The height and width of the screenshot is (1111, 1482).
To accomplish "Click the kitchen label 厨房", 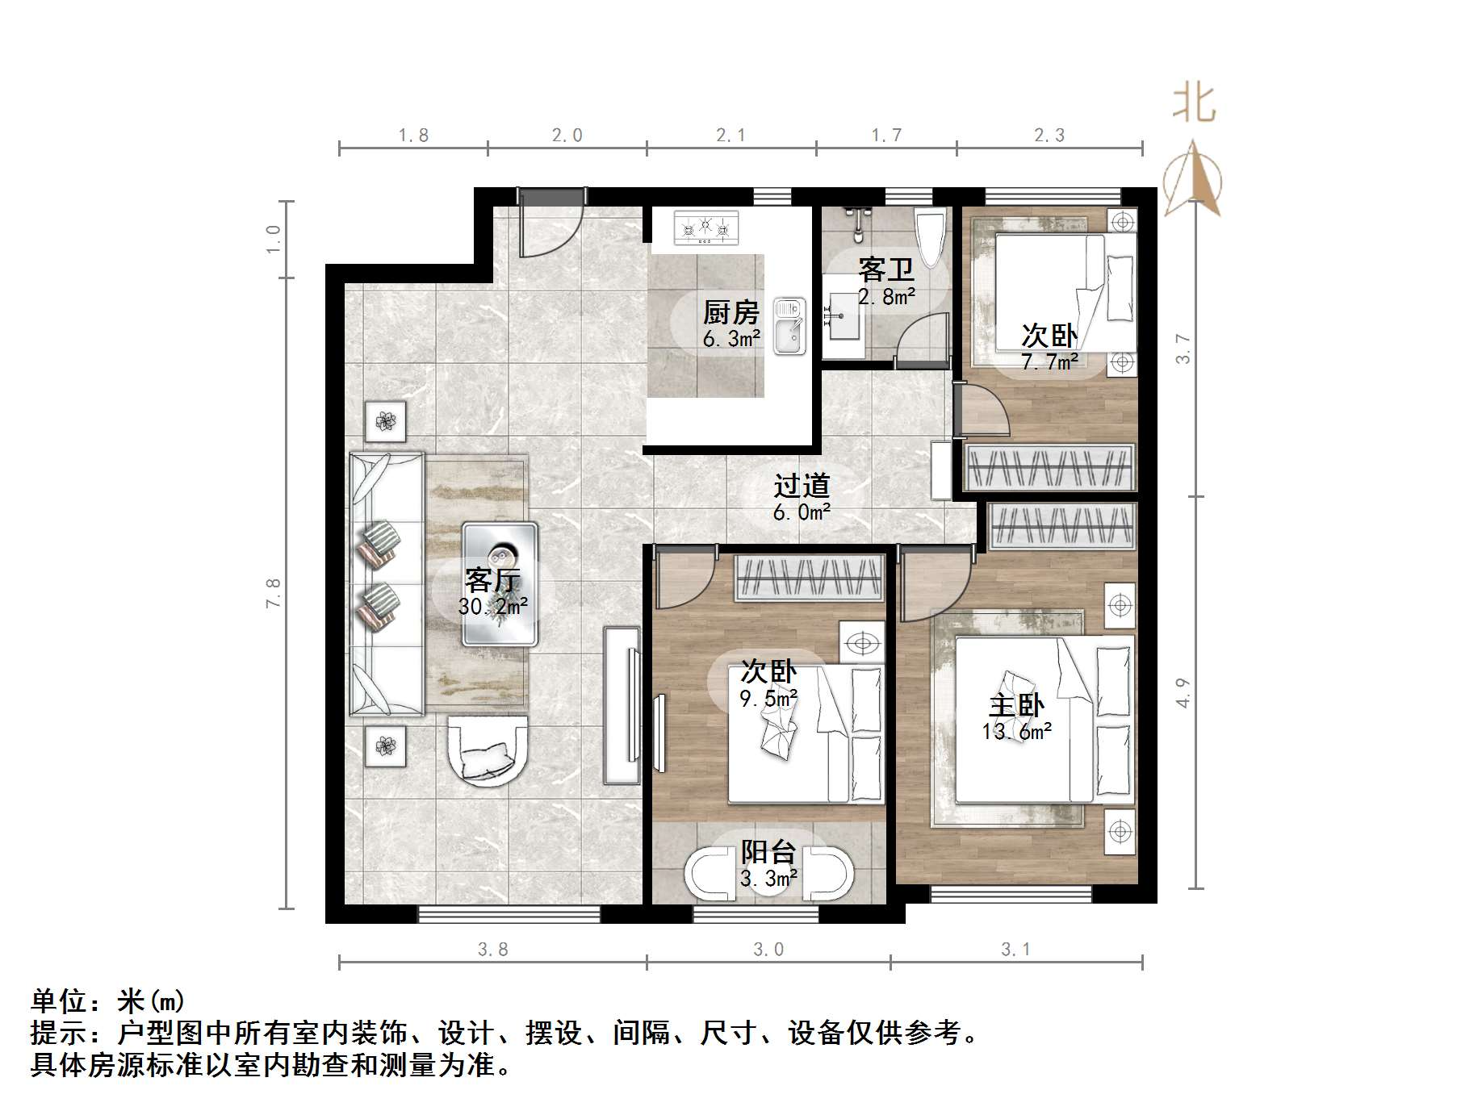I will [x=731, y=312].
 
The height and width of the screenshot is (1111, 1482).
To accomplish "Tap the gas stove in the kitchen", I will [x=706, y=228].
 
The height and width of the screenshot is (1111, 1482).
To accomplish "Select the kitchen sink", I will [x=789, y=326].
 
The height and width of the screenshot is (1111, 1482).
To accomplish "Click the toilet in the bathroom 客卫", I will [x=930, y=237].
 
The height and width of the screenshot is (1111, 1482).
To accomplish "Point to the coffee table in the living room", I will [x=500, y=583].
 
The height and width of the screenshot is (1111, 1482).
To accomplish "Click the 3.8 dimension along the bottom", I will [x=492, y=950].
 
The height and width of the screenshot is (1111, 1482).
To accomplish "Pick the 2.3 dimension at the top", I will [x=1049, y=136].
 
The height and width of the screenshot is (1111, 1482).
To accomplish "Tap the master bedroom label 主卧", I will [x=1016, y=706].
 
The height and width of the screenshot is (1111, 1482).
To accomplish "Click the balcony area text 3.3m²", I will [x=769, y=878].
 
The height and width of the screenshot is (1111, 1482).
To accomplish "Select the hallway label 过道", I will [x=802, y=486].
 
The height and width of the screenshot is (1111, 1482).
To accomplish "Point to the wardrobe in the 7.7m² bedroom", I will [x=1049, y=468].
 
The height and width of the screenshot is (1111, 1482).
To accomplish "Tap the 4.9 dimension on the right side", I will [x=1183, y=692].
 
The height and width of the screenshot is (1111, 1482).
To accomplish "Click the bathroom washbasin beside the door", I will [x=843, y=317].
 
